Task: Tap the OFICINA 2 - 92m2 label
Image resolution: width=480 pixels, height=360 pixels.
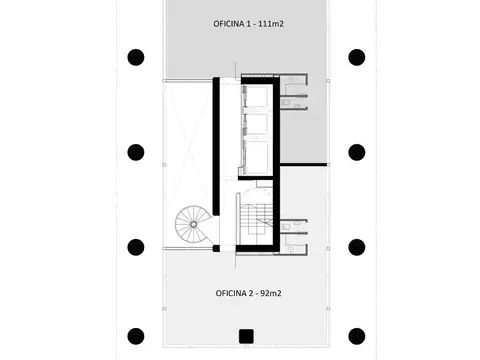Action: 246,292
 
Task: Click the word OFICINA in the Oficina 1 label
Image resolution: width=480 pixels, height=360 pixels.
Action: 232,22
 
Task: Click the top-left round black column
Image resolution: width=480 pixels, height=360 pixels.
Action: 136,57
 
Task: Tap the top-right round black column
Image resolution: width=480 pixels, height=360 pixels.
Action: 356,57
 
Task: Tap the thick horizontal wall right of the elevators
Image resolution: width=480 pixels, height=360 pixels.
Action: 304,164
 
